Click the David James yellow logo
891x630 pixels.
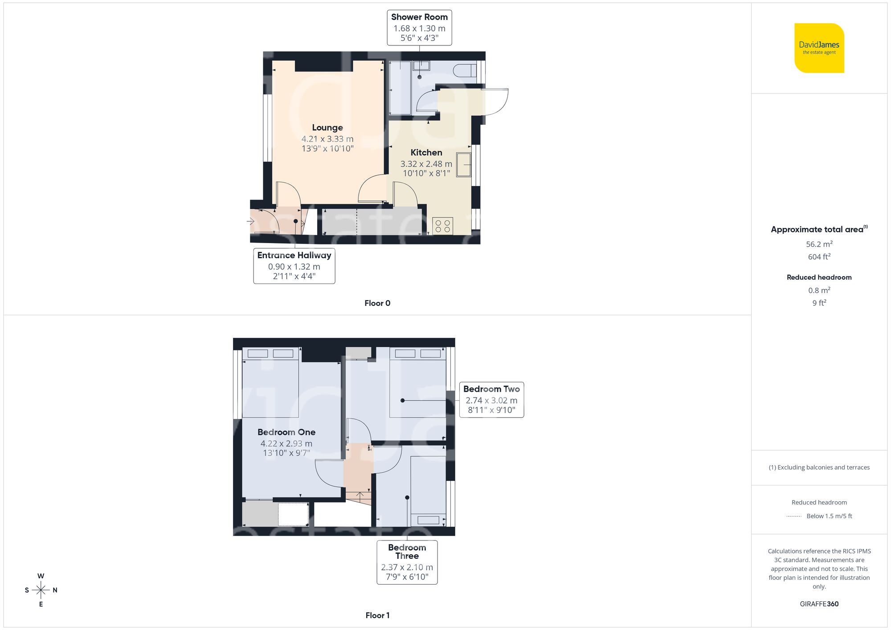pyautogui.click(x=819, y=48)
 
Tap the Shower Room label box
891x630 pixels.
pyautogui.click(x=419, y=28)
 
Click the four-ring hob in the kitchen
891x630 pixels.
pyautogui.click(x=442, y=226)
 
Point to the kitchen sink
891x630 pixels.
pyautogui.click(x=464, y=165)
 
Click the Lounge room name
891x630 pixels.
pyautogui.click(x=327, y=128)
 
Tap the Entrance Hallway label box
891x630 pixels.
pyautogui.click(x=294, y=266)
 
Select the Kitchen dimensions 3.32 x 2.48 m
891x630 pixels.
pyautogui.click(x=426, y=164)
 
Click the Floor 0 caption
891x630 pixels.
pyautogui.click(x=377, y=303)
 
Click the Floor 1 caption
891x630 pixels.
pyautogui.click(x=377, y=615)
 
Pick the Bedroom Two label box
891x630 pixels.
pyautogui.click(x=491, y=399)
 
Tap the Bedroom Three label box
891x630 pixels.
pyautogui.click(x=407, y=562)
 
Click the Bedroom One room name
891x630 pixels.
pyautogui.click(x=286, y=432)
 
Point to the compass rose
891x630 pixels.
pyautogui.click(x=41, y=590)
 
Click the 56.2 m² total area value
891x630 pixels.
pyautogui.click(x=819, y=244)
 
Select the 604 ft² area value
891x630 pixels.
pyautogui.click(x=819, y=257)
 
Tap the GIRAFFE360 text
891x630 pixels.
pyautogui.click(x=819, y=604)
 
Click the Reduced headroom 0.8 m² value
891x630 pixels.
pyautogui.click(x=819, y=290)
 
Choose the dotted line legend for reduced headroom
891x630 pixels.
pyautogui.click(x=794, y=516)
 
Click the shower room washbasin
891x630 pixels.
pyautogui.click(x=421, y=66)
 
